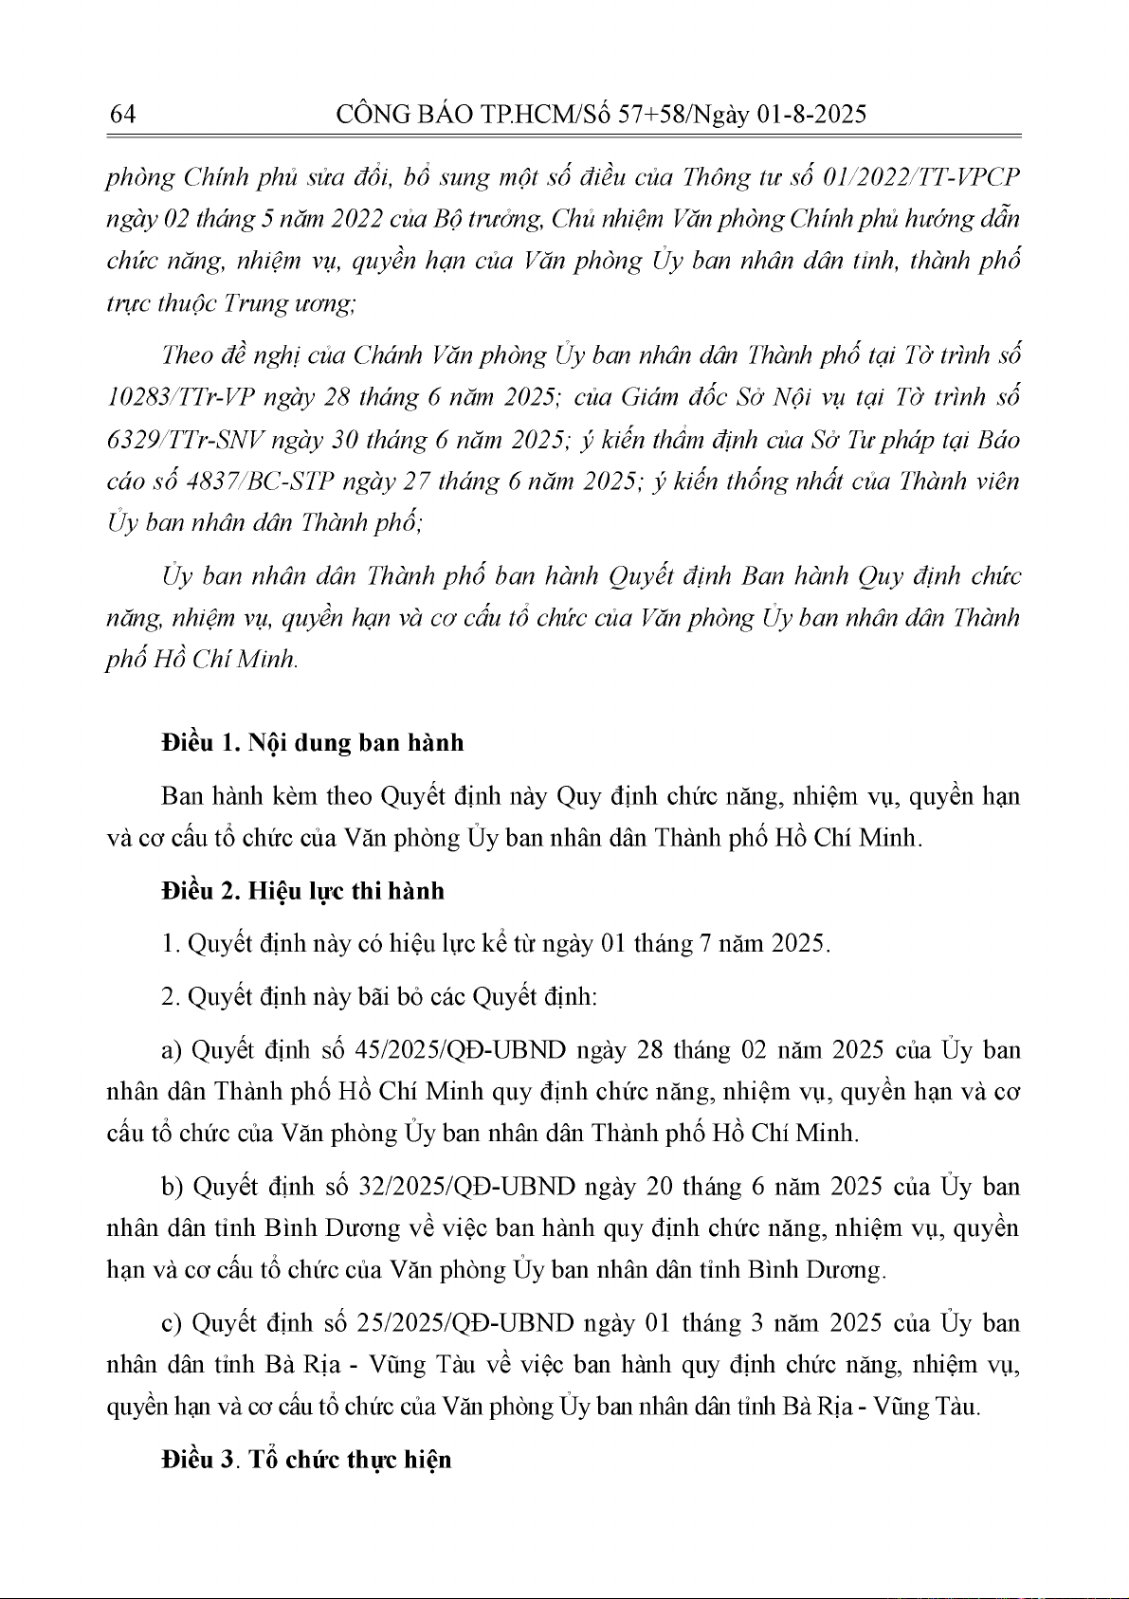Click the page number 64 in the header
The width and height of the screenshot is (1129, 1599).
pos(123,115)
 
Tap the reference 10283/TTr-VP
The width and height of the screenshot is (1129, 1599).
pos(179,397)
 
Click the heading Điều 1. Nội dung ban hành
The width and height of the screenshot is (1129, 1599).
pos(313,742)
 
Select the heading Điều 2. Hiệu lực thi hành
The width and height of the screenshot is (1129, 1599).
pos(302,891)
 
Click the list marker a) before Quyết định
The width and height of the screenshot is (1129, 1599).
pos(172,1051)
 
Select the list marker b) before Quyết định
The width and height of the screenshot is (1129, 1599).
pos(172,1188)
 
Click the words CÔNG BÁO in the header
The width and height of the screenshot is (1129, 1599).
pos(392,115)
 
